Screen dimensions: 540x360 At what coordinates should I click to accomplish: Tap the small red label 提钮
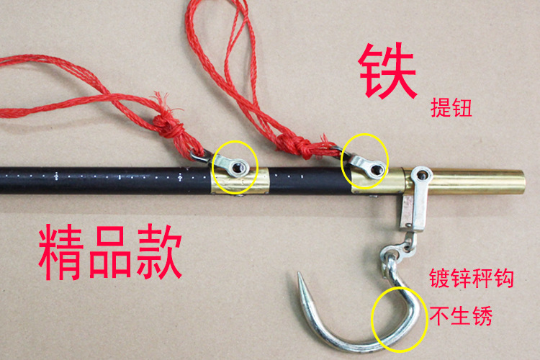(x=451, y=107)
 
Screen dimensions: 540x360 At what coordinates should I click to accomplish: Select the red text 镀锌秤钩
(x=471, y=278)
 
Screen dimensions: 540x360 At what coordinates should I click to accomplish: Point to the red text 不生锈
(x=461, y=315)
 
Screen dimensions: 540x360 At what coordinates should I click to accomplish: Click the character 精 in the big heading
(x=61, y=252)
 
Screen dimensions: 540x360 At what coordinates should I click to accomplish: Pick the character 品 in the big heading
(x=110, y=252)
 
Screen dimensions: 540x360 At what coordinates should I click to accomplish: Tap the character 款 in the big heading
(x=159, y=252)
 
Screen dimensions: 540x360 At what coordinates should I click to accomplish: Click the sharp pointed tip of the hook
(x=299, y=274)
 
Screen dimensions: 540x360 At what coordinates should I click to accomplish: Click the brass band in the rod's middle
(x=240, y=181)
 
